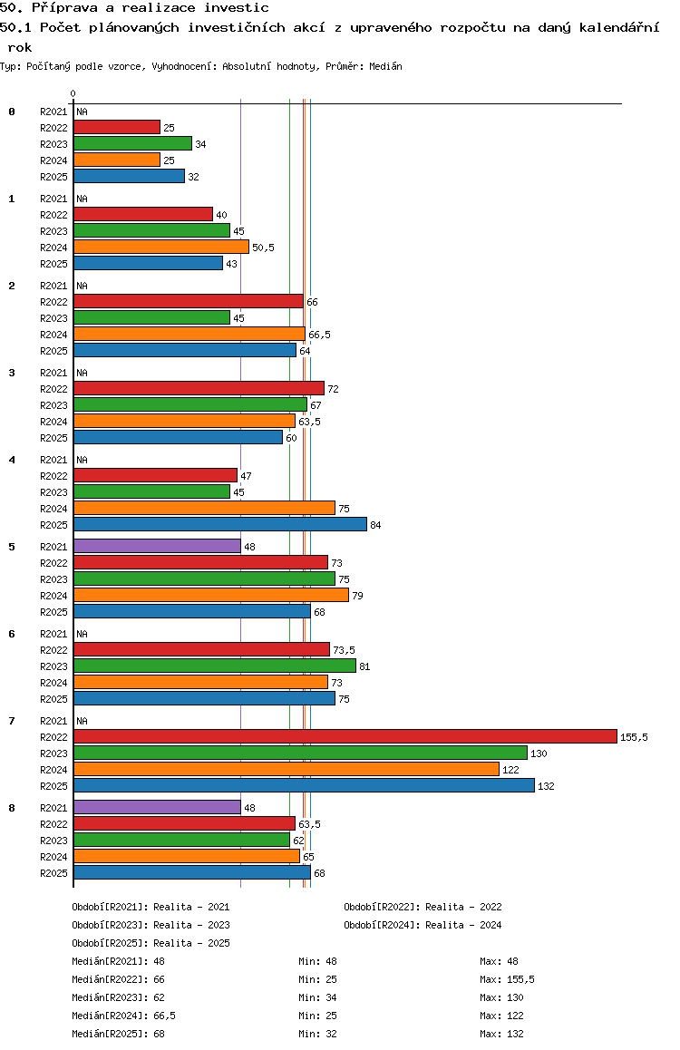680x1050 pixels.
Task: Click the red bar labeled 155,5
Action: [x=345, y=736]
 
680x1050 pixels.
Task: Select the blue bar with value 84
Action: [x=220, y=524]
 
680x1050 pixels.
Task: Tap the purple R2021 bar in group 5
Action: [x=157, y=547]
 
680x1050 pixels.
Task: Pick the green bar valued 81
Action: [x=215, y=666]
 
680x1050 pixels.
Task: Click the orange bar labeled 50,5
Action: [x=161, y=248]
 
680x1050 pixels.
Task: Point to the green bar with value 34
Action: [x=132, y=144]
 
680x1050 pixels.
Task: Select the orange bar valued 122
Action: [x=287, y=770]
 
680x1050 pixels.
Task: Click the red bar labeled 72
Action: [x=199, y=388]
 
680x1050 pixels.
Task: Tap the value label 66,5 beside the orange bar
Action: [x=319, y=335]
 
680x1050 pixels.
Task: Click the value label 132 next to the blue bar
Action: [x=546, y=786]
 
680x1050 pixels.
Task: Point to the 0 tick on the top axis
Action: [x=73, y=93]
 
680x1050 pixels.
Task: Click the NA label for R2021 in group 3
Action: [x=82, y=373]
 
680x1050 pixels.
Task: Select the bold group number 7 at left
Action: [x=12, y=721]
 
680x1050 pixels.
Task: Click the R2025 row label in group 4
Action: [x=53, y=525]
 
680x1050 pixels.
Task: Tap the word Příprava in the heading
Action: [x=65, y=8]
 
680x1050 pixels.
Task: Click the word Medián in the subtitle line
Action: [x=385, y=66]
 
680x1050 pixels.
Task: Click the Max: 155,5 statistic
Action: [x=508, y=979]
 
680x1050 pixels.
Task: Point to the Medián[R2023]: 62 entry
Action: [x=119, y=997]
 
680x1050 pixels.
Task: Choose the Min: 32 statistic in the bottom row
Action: [x=318, y=1034]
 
